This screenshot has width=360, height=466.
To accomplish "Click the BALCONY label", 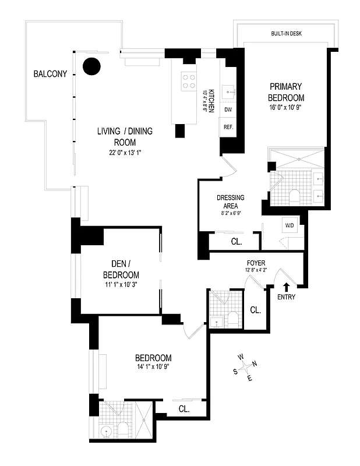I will [x=50, y=74].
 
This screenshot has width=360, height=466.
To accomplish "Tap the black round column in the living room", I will [x=91, y=66].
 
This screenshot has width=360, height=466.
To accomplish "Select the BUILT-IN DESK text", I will [x=286, y=33].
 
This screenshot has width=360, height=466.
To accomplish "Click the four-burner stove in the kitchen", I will [x=189, y=80].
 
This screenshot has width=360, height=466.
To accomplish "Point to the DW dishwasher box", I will [x=228, y=110].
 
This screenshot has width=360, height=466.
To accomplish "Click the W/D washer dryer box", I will [x=289, y=225].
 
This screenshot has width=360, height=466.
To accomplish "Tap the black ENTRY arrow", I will [x=286, y=285].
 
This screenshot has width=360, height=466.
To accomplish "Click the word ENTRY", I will [x=286, y=297].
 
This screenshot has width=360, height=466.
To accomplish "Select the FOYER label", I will [x=256, y=262].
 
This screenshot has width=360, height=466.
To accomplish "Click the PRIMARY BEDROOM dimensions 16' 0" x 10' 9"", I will [x=286, y=108].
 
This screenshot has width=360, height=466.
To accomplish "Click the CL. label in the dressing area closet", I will [x=237, y=241].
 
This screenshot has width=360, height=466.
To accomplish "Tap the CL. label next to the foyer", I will [x=255, y=310].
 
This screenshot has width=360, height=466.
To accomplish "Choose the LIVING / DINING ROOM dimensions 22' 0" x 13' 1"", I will [x=125, y=153].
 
